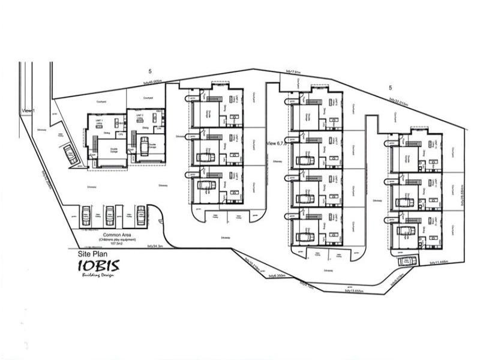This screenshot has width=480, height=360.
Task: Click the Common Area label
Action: (x=117, y=235)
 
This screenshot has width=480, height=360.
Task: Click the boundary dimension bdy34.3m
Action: (x=156, y=245)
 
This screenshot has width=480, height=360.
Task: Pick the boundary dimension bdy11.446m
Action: (x=439, y=263)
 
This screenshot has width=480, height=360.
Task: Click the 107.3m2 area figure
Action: (x=117, y=245)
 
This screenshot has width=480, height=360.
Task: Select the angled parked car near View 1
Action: (x=71, y=155)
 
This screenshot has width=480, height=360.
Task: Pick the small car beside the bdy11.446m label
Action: (x=407, y=260)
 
